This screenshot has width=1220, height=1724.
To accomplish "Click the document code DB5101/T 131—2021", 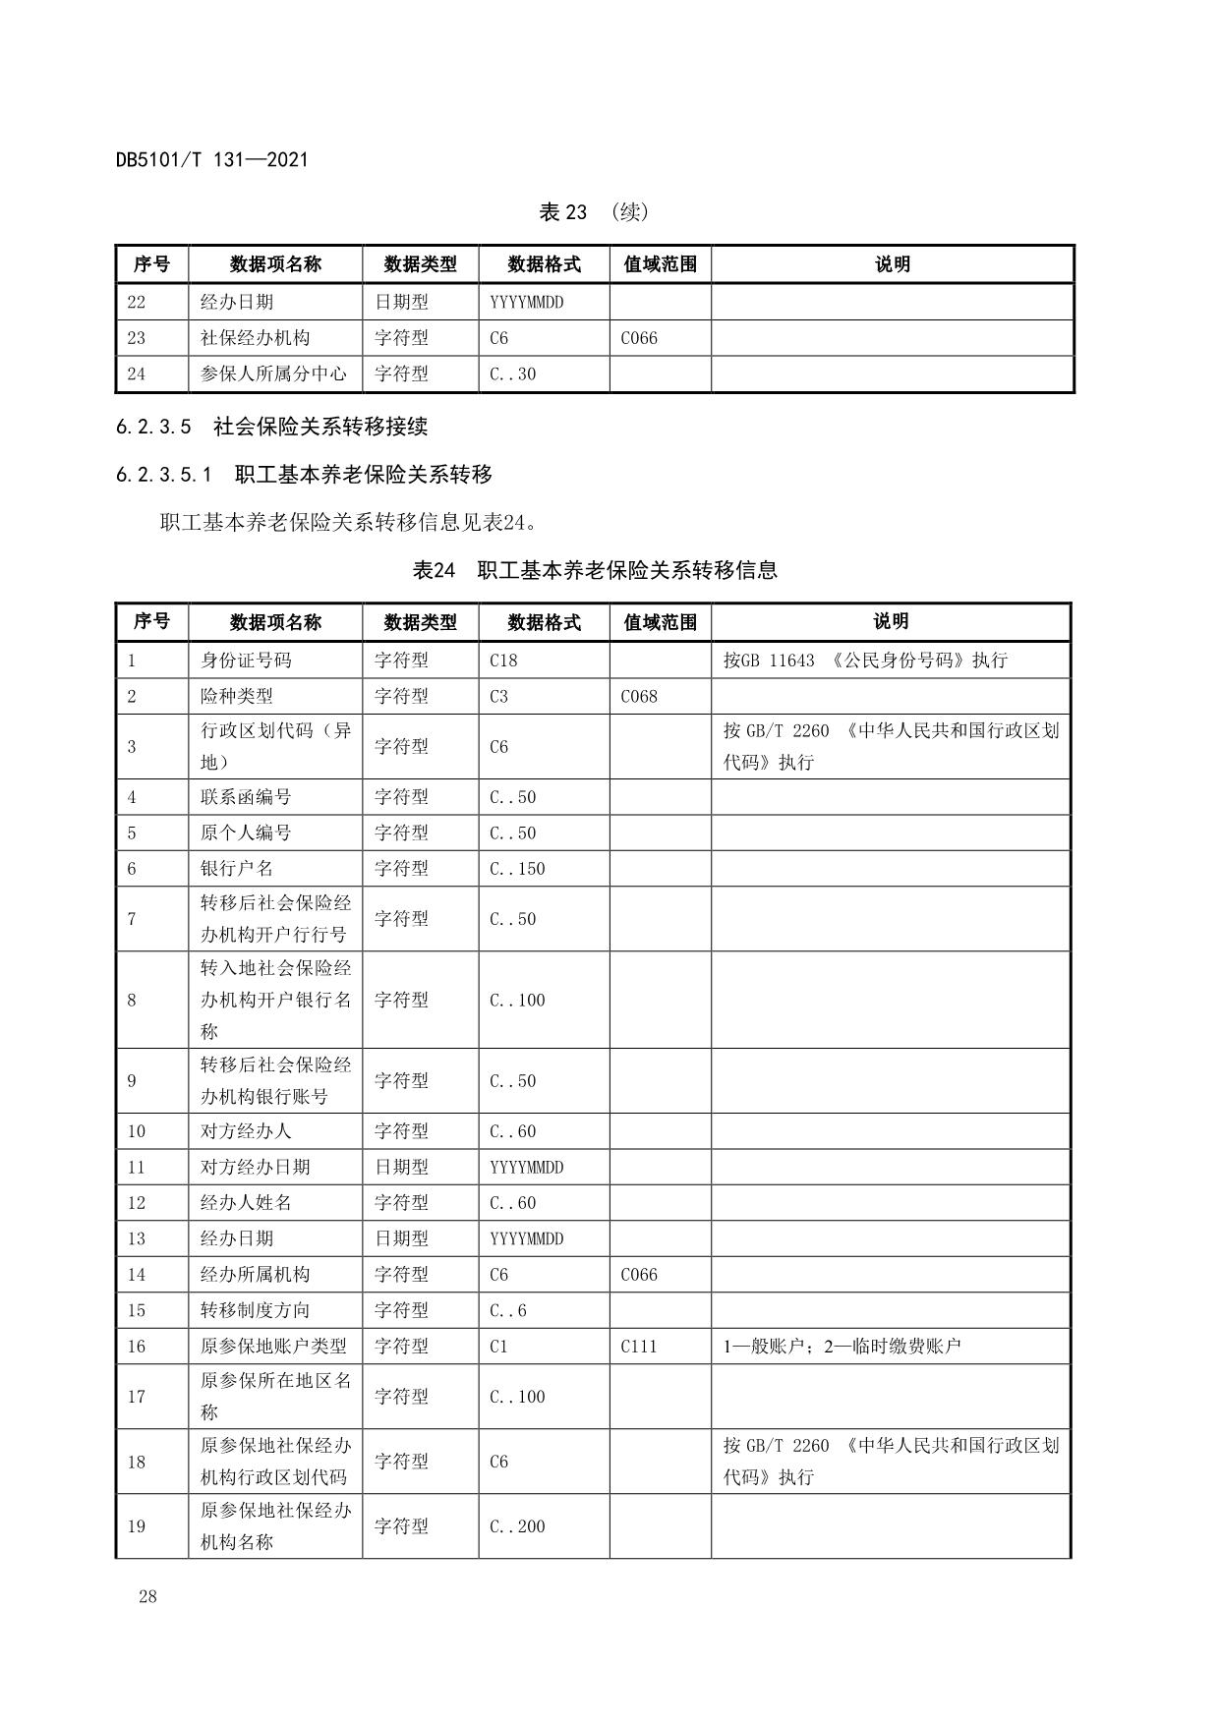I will [211, 159].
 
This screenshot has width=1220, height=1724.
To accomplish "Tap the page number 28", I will [147, 1596].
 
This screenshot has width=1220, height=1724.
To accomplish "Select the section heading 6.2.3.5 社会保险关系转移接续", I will [271, 427].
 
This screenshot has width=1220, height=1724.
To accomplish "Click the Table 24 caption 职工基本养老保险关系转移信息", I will [595, 570].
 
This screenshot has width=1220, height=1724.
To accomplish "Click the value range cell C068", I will [639, 696].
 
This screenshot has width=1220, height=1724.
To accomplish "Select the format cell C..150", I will [517, 869].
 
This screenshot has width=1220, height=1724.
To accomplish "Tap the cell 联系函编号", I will [246, 797].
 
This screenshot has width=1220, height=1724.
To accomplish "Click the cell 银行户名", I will [237, 869].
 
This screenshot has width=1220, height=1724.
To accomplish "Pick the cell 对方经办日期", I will [255, 1167].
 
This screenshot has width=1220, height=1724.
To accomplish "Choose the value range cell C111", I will [639, 1346].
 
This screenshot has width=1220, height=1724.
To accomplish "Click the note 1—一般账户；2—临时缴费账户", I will [842, 1346].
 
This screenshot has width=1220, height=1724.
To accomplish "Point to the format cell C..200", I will [517, 1526].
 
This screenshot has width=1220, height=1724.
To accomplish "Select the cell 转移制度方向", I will [255, 1310].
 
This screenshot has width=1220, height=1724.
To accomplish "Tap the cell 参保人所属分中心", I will [273, 374].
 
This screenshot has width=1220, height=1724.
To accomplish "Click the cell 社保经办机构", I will [255, 338].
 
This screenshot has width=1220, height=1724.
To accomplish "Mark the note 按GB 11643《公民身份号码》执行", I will [865, 661].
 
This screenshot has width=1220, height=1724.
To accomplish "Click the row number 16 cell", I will [137, 1346].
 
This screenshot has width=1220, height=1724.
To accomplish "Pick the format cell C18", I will [503, 661].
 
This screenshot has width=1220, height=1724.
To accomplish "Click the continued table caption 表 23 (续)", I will [594, 212].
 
